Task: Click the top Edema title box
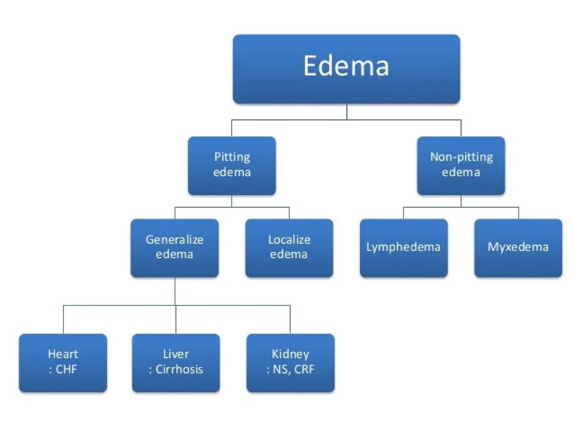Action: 346,69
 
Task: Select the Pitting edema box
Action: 232,166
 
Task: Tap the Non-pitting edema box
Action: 461,166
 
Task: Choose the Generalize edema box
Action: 174,248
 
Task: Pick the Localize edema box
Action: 289,248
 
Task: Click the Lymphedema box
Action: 404,248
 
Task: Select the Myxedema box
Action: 518,248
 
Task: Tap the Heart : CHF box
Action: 63,363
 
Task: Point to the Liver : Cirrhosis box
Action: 176,363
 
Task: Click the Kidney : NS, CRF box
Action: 290,363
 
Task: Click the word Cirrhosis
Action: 179,369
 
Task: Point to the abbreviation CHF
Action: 66,369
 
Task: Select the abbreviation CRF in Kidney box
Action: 304,369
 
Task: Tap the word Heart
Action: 63,354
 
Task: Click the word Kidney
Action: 290,354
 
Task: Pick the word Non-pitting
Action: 461,157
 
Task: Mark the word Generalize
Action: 174,240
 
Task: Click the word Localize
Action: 289,240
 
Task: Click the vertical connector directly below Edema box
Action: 347,112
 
